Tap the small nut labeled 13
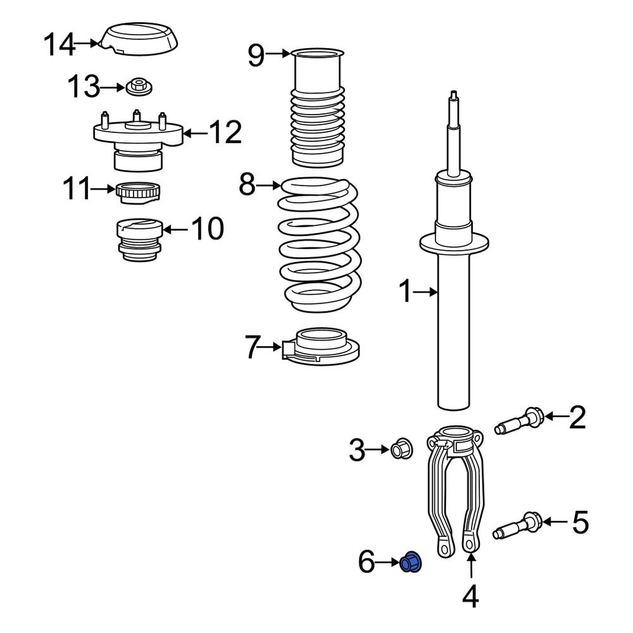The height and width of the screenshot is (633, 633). [x=139, y=87]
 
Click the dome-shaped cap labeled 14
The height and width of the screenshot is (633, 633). [x=141, y=39]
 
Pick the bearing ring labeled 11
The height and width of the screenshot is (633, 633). [x=139, y=191]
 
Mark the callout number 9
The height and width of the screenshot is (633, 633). [x=256, y=55]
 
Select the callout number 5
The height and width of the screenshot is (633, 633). [x=580, y=522]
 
